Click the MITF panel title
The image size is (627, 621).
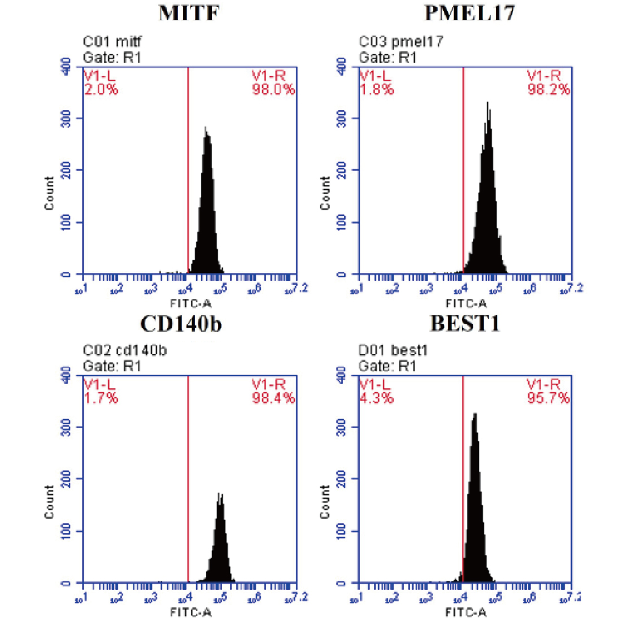click(189, 13)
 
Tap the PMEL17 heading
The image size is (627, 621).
click(469, 13)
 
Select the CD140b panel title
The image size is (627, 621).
click(181, 324)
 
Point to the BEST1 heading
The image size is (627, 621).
click(465, 324)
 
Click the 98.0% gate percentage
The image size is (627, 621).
click(273, 90)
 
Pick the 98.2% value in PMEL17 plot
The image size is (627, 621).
click(548, 90)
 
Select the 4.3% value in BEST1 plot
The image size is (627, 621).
click(376, 398)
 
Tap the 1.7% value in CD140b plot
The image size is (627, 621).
click(101, 398)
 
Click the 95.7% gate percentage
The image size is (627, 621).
click(548, 398)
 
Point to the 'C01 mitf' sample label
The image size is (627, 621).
click(112, 42)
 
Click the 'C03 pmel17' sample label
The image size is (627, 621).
click(401, 42)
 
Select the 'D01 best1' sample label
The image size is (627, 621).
click(393, 351)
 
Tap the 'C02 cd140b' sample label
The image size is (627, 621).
click(125, 351)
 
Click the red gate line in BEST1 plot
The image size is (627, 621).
click(463, 479)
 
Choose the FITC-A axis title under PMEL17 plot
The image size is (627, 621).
click(466, 303)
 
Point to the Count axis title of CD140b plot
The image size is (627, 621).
click(50, 501)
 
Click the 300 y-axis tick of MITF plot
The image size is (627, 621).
click(66, 118)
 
